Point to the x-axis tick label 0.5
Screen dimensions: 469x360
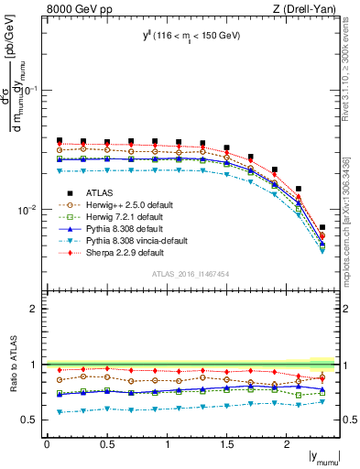pos(107,443)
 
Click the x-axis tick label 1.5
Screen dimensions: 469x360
pos(228,443)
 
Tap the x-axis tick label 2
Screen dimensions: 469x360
pos(288,443)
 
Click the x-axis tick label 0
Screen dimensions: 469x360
pos(48,443)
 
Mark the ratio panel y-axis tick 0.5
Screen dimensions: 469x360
pos(31,420)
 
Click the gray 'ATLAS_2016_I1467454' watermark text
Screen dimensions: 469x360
pos(191,274)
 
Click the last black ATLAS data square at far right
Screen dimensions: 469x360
pos(322,227)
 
